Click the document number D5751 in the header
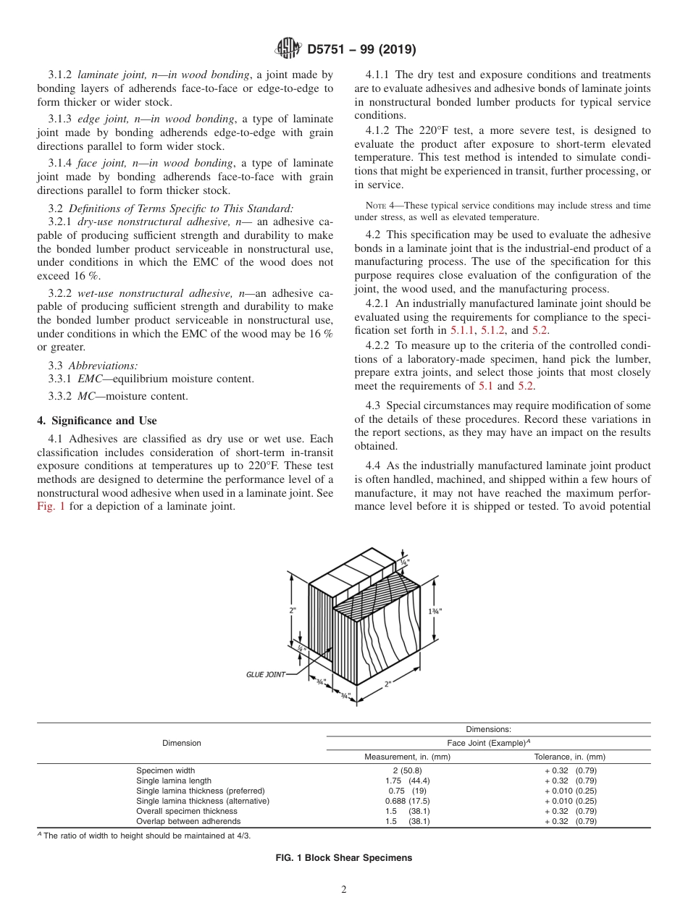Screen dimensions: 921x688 (330, 50)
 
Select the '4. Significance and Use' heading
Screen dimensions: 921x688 (96, 420)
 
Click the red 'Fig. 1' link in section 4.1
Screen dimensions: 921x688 (51, 506)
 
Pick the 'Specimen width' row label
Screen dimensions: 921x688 (166, 770)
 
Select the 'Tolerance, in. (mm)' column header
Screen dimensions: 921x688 (569, 757)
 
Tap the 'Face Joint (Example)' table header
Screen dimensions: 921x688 (489, 743)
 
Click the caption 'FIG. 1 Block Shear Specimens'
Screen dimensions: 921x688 (344, 857)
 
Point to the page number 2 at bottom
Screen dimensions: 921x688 (343, 891)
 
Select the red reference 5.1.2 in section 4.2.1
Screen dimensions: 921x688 (495, 329)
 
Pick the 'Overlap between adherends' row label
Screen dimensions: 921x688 (188, 821)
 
